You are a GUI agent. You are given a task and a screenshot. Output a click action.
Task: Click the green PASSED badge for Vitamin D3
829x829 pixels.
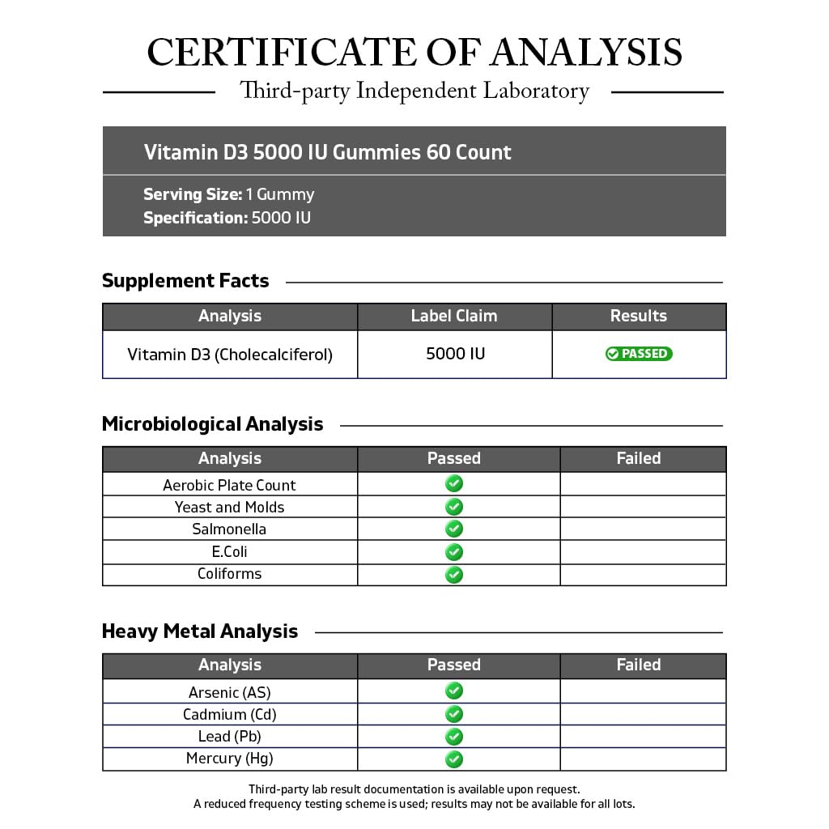point(639,354)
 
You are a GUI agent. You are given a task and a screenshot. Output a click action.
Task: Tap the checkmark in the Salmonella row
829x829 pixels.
point(454,529)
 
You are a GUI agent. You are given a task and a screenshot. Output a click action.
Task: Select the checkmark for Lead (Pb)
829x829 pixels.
point(454,737)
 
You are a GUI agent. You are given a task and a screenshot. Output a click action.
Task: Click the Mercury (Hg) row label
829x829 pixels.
point(230,759)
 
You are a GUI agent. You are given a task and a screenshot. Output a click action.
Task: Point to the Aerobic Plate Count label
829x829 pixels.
point(229,485)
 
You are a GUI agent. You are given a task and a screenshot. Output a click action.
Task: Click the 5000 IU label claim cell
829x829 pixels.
point(455,354)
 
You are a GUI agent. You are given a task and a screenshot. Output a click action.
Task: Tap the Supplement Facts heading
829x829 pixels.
point(185,281)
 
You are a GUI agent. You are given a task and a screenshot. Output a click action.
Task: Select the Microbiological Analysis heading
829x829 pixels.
point(212,424)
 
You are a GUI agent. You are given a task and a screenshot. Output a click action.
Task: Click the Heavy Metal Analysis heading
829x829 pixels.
point(200,631)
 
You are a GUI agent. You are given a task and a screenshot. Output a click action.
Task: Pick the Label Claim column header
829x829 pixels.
point(454,316)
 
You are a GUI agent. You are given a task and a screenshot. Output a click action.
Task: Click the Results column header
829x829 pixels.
point(639,316)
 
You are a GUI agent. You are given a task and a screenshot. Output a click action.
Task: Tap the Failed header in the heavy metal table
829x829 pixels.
point(639,665)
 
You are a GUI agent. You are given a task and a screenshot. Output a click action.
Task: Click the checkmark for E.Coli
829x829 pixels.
point(454,551)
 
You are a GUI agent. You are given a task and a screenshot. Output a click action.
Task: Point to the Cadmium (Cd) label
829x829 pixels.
point(230,714)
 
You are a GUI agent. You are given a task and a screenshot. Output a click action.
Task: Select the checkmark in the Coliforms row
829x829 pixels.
point(454,574)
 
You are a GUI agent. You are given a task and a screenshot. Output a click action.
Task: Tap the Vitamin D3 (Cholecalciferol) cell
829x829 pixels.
point(230,355)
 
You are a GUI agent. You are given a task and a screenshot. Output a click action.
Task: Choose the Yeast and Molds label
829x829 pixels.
point(230,508)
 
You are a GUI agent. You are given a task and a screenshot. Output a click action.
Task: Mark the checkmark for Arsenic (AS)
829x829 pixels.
point(454,691)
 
